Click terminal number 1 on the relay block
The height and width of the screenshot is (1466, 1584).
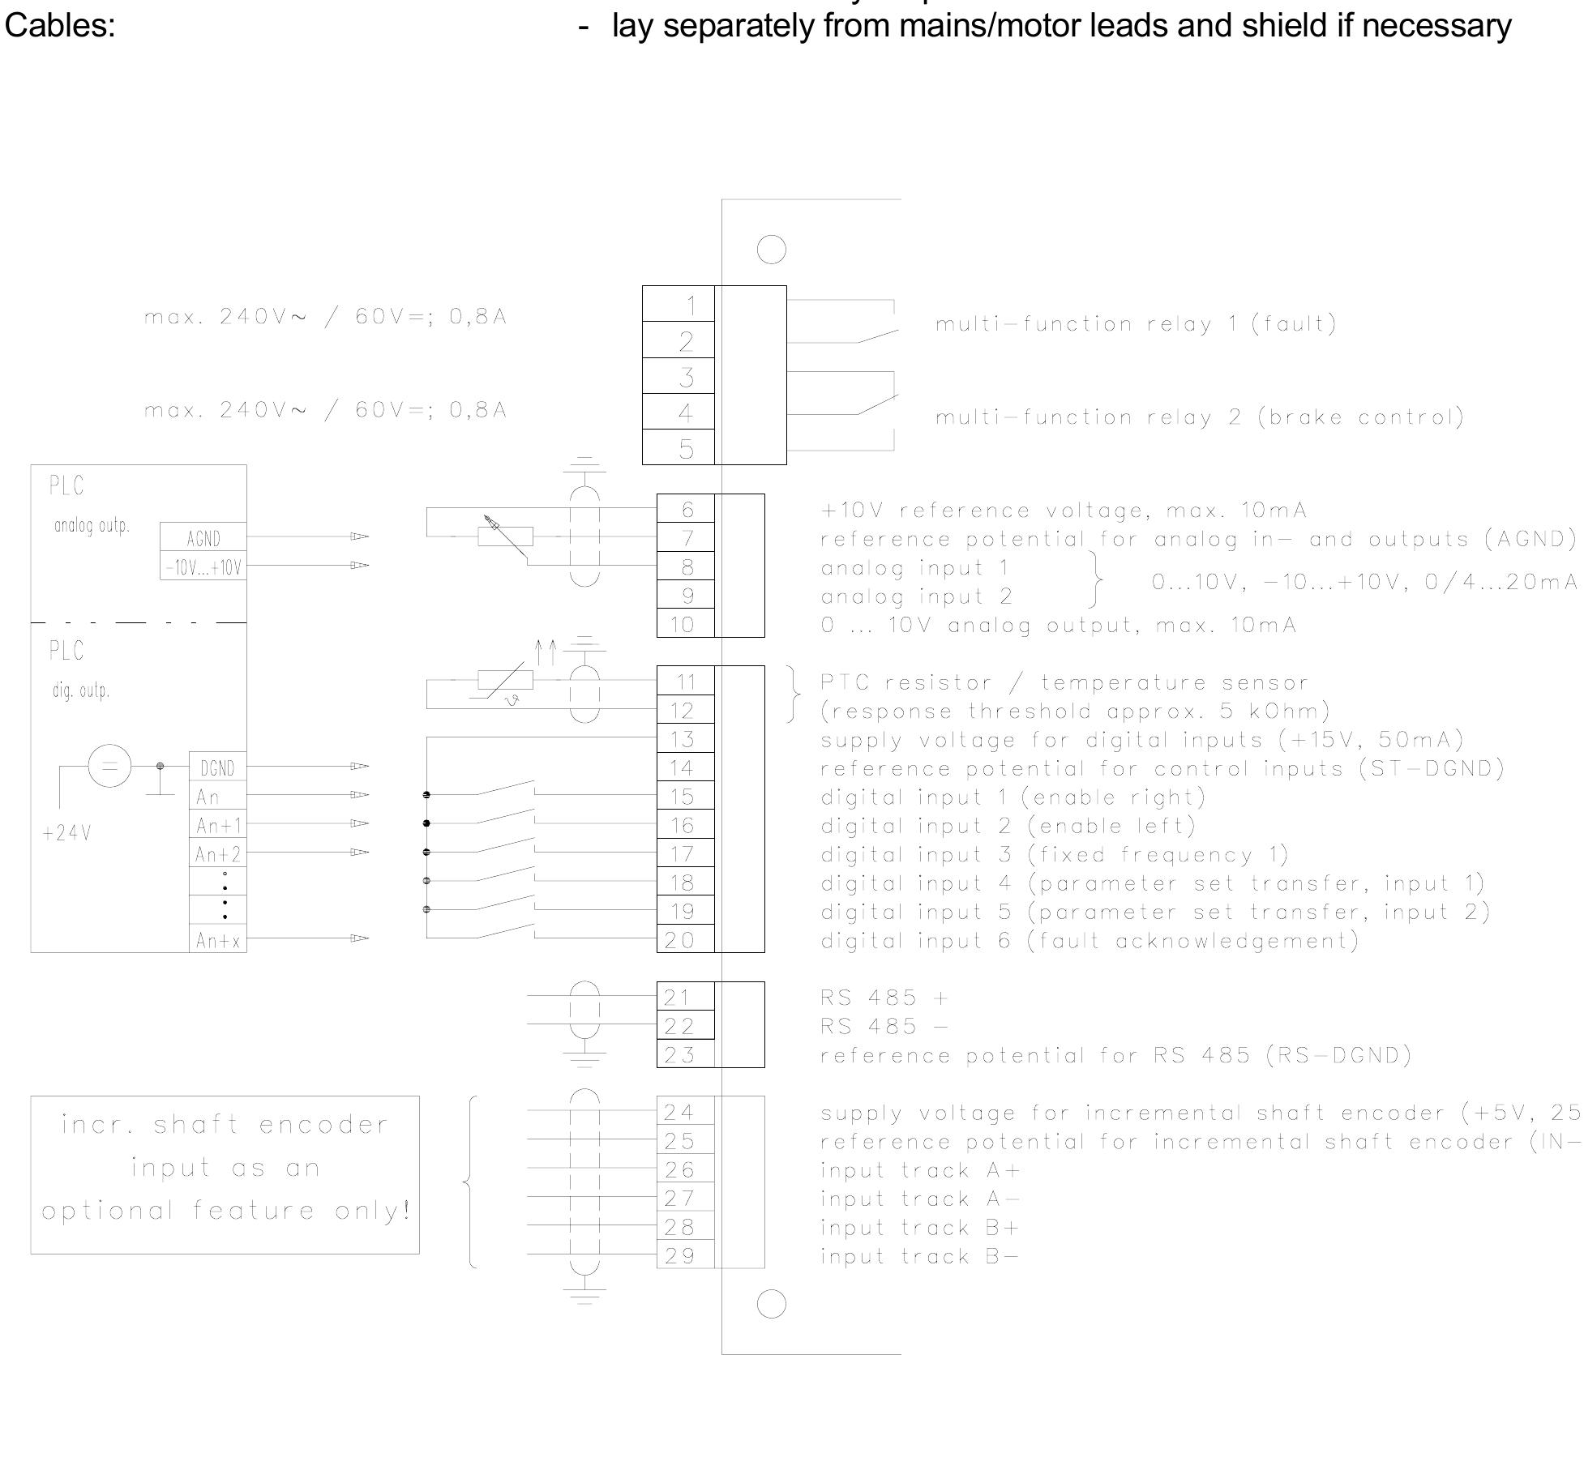tap(679, 304)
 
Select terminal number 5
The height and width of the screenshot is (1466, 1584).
tap(679, 447)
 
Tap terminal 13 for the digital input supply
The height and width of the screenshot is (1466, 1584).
tap(685, 739)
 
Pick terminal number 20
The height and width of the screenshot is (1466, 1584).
tap(685, 939)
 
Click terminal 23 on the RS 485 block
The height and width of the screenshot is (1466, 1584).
tap(685, 1054)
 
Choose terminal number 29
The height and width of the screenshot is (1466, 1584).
tap(685, 1255)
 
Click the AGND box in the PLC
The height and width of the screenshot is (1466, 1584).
tap(203, 538)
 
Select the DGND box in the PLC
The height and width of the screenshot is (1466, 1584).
tap(217, 767)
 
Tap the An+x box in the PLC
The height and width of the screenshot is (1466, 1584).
tap(217, 940)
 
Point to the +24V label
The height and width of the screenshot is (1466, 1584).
tap(66, 833)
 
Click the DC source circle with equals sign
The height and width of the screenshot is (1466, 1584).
tap(109, 765)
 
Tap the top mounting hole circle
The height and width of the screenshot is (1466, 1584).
tap(771, 249)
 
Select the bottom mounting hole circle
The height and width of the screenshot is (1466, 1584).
tap(771, 1304)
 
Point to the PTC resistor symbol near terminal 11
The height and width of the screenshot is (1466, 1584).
tap(504, 681)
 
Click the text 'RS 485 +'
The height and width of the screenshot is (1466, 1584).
tap(884, 997)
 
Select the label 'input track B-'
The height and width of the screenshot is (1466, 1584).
tap(919, 1256)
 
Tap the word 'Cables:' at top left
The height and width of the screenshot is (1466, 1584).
tap(60, 26)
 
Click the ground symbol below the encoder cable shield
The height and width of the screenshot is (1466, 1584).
tap(584, 1293)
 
